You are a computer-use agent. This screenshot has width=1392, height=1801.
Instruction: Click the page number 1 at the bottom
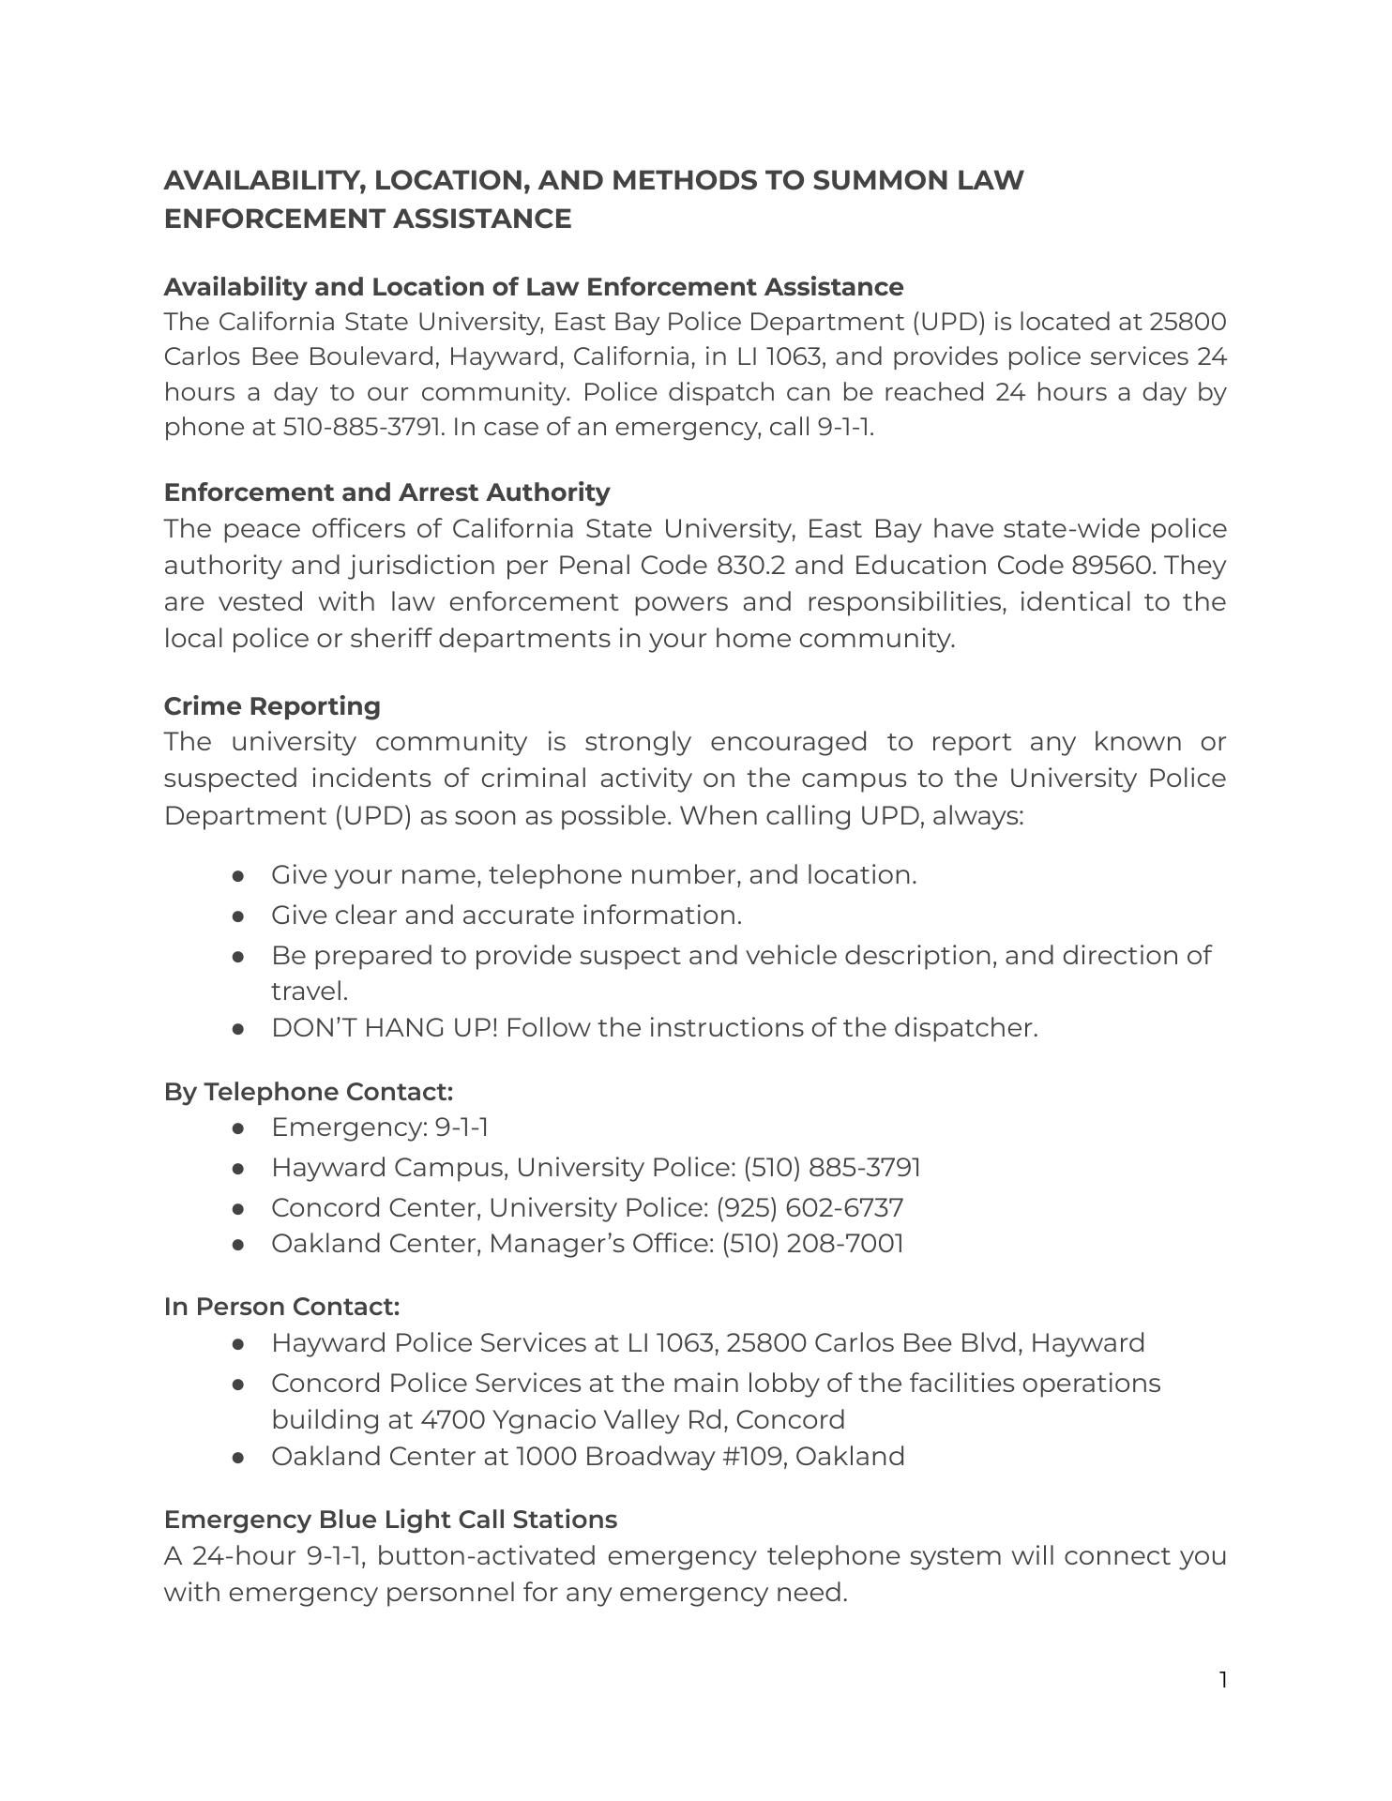1223,1680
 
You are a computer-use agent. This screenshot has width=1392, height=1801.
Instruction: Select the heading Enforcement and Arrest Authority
386,492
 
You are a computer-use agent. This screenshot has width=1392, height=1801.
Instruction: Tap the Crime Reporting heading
272,706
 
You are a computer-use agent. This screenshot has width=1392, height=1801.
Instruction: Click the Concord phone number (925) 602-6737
809,1207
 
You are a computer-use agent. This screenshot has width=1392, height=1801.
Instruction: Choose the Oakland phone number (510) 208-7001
812,1244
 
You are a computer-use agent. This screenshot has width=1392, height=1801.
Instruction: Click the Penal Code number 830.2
751,566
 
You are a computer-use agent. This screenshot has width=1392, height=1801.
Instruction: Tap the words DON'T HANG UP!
385,1028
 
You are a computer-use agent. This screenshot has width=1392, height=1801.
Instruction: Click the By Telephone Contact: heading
309,1092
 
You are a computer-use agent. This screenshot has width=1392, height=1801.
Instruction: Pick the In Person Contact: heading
281,1307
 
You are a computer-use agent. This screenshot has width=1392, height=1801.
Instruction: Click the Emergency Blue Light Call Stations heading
390,1520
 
